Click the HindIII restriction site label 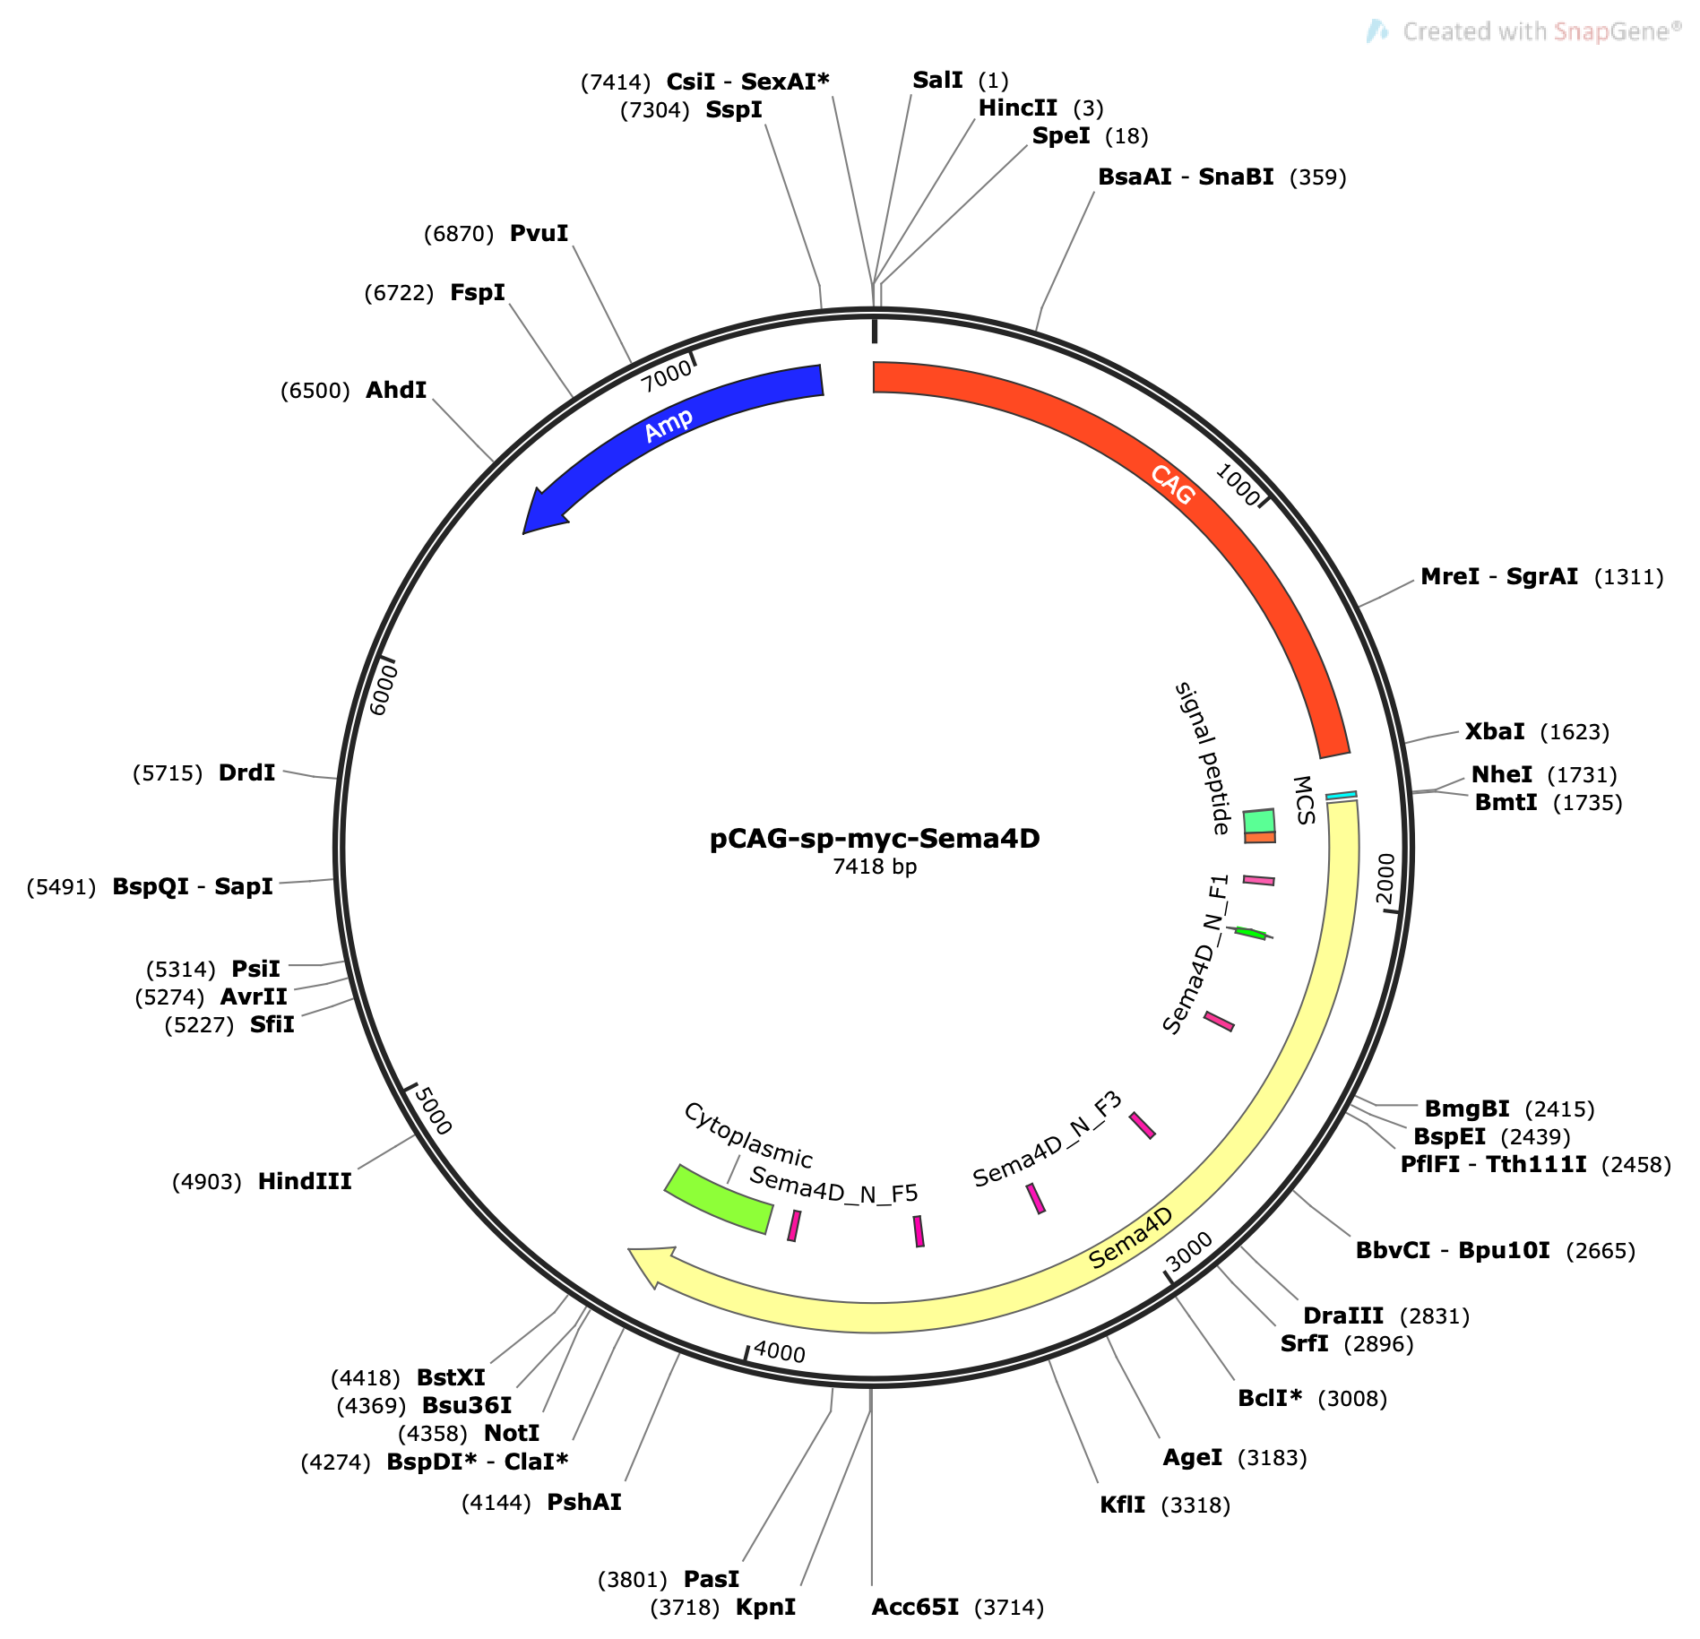305,1181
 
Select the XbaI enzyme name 1495,731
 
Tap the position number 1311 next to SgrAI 1629,577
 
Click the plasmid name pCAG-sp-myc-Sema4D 875,838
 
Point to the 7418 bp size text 875,867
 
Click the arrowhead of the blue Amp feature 543,511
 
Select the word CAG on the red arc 1173,485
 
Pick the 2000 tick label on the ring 1386,879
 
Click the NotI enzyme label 512,1434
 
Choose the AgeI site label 1192,1458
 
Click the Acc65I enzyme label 915,1607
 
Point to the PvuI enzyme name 539,233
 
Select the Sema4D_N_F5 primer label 834,1185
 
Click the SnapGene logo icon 1377,31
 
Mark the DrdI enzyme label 246,772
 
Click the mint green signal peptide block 1259,821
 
